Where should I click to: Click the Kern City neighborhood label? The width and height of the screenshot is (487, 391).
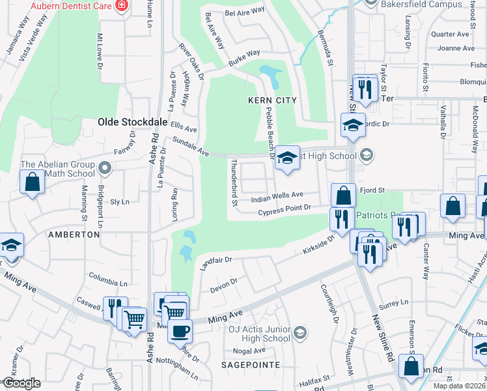pos(272,100)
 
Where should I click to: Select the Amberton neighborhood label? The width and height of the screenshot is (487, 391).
pos(68,233)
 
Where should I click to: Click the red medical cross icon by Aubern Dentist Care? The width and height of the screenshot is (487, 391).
pos(120,5)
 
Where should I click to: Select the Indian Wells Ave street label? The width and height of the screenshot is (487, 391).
pos(278,195)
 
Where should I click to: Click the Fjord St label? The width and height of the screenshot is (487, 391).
pos(374,190)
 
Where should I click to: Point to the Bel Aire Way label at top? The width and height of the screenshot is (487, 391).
pos(245,12)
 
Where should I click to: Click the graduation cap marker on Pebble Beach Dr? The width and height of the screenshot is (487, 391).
pos(287,158)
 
